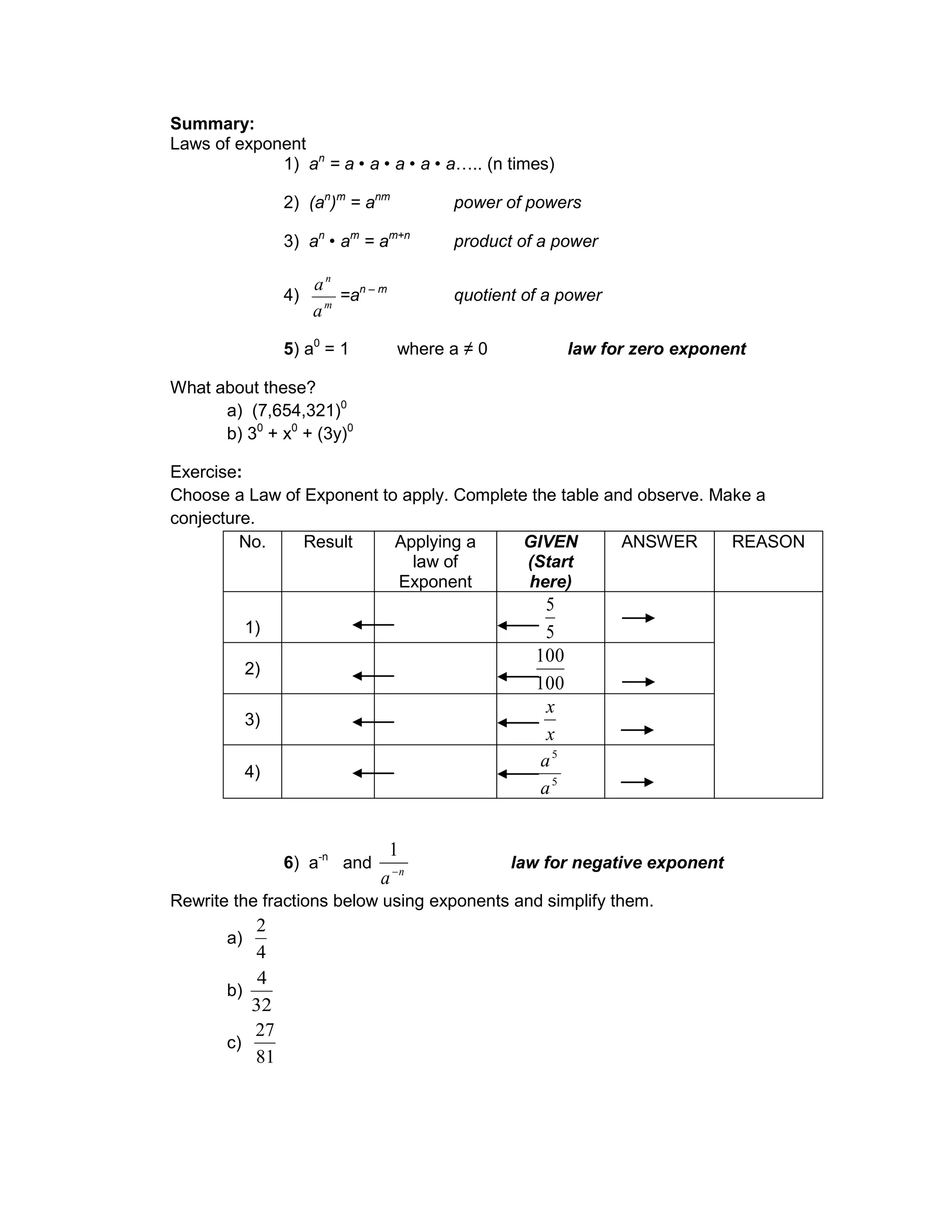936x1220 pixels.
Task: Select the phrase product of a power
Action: (526, 241)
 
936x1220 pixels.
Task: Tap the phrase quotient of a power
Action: (527, 295)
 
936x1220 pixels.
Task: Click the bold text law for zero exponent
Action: (656, 349)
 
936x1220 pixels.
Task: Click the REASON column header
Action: (768, 542)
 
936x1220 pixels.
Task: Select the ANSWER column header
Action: (659, 542)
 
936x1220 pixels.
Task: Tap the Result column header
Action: (328, 542)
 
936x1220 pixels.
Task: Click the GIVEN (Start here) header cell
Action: (550, 561)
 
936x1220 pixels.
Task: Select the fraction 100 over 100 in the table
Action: (550, 669)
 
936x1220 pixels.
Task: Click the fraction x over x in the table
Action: (550, 721)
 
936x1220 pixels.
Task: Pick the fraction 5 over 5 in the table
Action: (550, 618)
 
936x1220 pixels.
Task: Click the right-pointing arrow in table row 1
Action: (638, 618)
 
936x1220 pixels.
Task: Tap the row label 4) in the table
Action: (252, 772)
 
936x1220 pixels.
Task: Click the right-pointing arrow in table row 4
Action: (637, 782)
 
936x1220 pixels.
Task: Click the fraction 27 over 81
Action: (265, 1043)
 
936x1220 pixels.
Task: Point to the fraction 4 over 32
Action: (261, 991)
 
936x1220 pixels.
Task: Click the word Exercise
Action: (204, 472)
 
